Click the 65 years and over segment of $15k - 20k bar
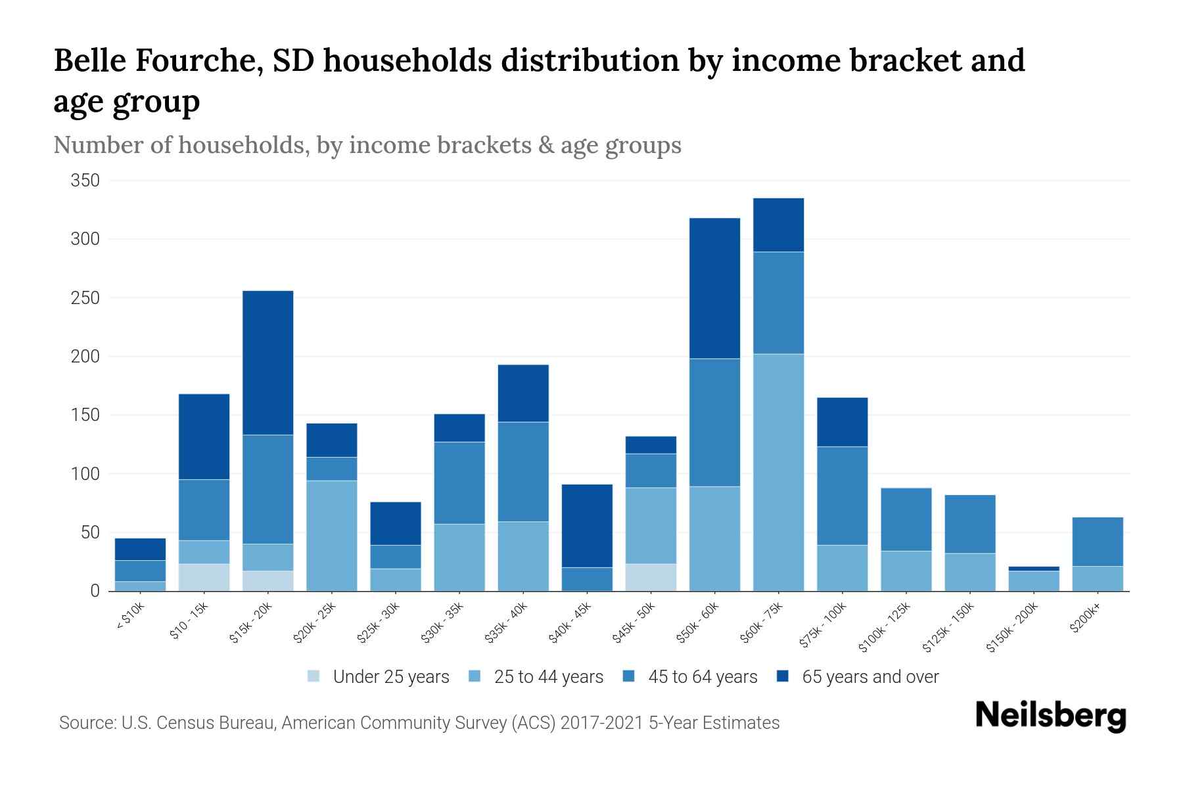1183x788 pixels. [268, 362]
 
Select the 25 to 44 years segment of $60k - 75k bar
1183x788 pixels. [778, 472]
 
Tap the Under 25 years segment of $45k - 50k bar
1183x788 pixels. [651, 577]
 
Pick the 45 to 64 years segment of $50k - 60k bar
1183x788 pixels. [714, 422]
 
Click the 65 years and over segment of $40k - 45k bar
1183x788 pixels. [587, 525]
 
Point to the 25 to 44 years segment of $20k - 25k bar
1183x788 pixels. [332, 535]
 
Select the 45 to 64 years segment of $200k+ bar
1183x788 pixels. [1098, 542]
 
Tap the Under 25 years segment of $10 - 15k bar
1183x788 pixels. [204, 577]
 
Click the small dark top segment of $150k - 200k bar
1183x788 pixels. [1034, 569]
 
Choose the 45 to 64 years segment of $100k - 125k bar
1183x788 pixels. [906, 519]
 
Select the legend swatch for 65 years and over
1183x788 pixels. [783, 677]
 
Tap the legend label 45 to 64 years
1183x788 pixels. [703, 677]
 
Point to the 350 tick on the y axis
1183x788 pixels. [85, 181]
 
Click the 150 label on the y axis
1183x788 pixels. [85, 415]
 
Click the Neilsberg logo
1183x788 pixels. [1051, 715]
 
